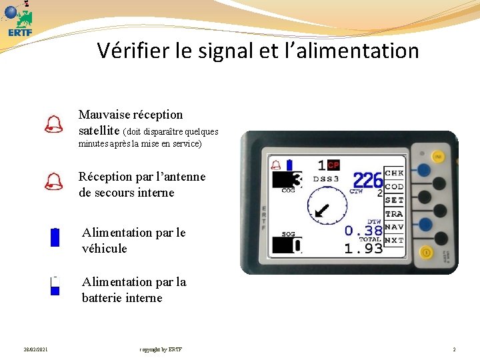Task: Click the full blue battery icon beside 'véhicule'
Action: (55, 237)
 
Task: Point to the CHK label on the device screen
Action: (394, 173)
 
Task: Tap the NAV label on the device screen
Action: (394, 227)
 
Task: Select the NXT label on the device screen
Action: (394, 240)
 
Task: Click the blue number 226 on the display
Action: (367, 180)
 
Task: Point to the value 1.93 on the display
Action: (363, 248)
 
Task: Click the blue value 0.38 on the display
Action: (363, 231)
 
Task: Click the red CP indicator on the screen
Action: (333, 165)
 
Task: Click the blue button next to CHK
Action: (423, 171)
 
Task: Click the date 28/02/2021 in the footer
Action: (35, 349)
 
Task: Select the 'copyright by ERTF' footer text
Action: (161, 349)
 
